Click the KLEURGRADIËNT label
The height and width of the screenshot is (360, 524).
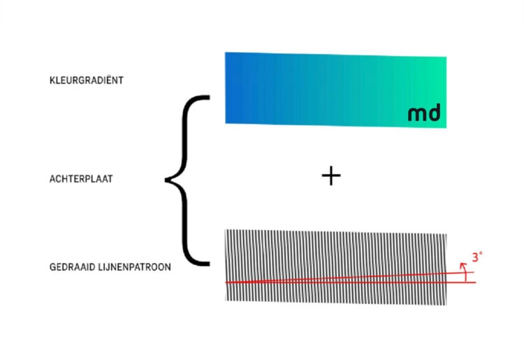point(87,80)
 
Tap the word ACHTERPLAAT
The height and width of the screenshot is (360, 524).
point(81,179)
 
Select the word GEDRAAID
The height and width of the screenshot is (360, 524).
point(73,267)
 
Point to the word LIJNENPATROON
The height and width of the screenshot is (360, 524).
point(135,267)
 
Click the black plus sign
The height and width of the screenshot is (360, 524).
point(331,176)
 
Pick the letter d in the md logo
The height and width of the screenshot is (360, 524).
point(435,113)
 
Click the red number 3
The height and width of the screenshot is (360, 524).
point(475,258)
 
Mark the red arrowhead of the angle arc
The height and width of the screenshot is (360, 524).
point(463,265)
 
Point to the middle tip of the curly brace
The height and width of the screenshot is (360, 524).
point(166,180)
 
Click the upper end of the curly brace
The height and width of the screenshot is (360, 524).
point(209,98)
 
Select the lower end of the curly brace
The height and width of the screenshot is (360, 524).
point(209,264)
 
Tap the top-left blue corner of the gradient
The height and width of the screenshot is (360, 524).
point(225,52)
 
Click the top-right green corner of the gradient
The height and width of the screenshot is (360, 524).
point(446,57)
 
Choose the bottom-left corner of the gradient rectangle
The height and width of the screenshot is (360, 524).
point(226,123)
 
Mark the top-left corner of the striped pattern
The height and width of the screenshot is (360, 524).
point(225,230)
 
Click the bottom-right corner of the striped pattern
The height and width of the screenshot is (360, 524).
point(446,305)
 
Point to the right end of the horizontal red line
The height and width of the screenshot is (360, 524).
point(475,283)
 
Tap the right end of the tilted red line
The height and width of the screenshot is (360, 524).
point(474,273)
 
